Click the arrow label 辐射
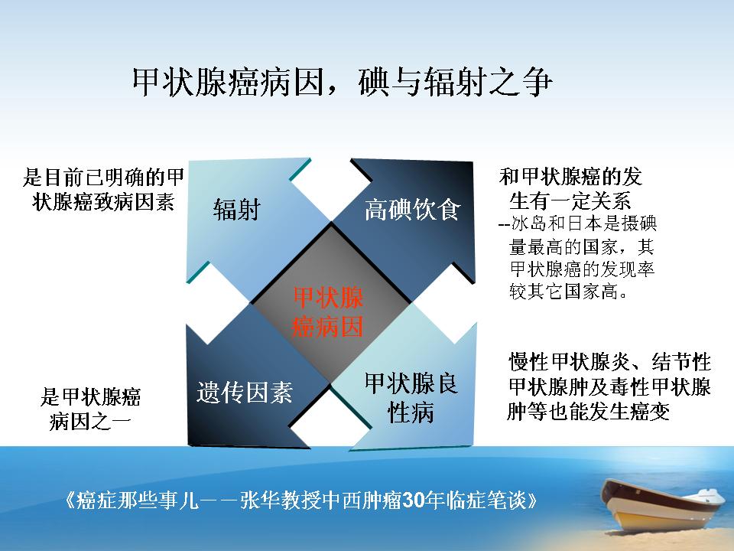(236, 209)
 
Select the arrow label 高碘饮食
(412, 209)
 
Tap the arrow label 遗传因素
(245, 392)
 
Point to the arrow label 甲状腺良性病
(411, 398)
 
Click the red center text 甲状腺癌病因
(328, 312)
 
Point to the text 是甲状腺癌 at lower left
(90, 396)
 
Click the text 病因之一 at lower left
(90, 421)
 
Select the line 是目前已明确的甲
(103, 177)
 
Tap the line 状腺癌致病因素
(103, 202)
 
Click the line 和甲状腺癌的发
(570, 177)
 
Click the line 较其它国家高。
(568, 292)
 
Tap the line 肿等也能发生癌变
(589, 412)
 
